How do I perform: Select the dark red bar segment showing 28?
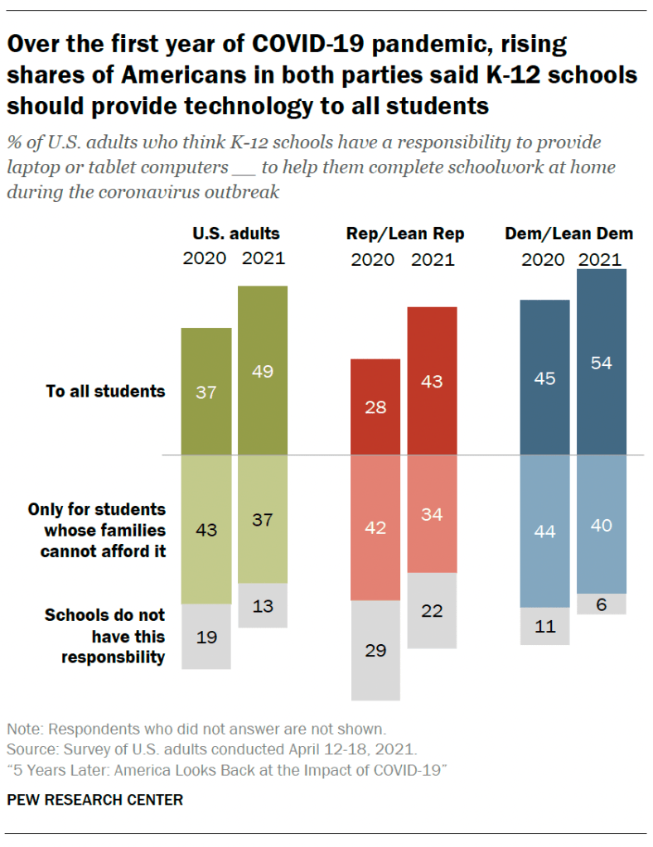coord(375,407)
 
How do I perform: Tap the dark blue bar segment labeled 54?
coord(601,362)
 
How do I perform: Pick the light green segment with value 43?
coord(206,529)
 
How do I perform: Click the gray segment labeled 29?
coord(375,650)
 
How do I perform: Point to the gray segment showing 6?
coord(601,604)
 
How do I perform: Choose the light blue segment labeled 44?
coord(544,531)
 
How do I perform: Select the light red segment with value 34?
coord(432,513)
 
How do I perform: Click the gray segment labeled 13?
coord(263,605)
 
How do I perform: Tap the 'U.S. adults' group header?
coord(236,233)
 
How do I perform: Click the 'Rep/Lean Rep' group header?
coord(405,233)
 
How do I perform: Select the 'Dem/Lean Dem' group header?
coord(568,233)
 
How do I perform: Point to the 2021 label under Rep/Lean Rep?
coord(433,259)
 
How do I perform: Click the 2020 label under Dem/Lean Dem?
coord(543,259)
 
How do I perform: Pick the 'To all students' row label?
coord(105,391)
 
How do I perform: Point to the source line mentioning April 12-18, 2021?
coord(211,749)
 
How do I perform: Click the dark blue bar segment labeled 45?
coord(544,378)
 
